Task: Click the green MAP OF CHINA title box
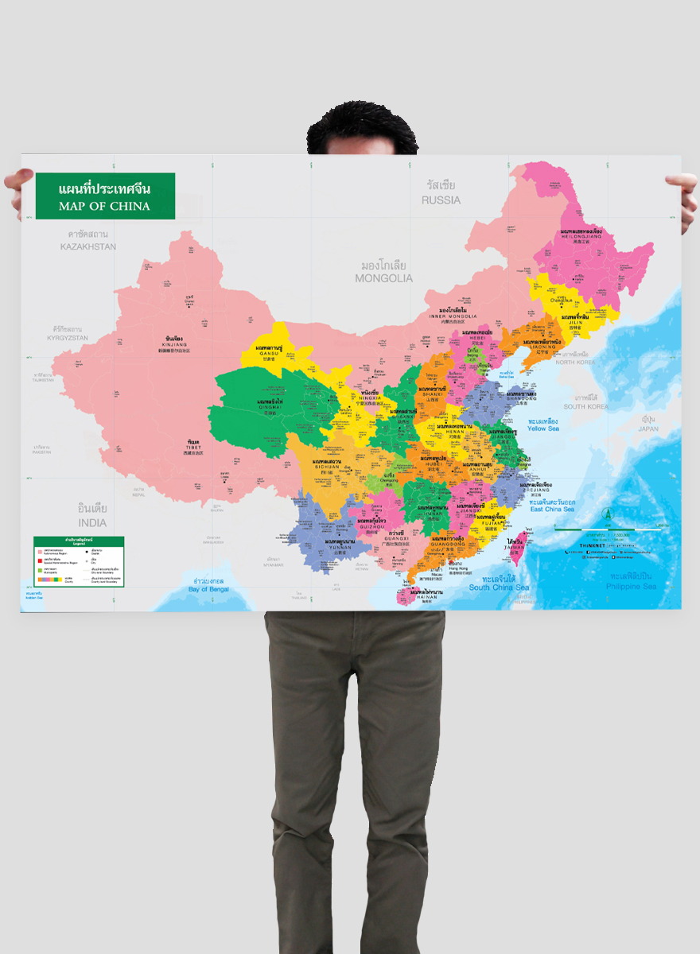104,196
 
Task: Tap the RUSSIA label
441,200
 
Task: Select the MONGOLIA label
384,278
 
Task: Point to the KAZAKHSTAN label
88,246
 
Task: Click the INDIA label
92,523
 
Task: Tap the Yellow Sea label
542,428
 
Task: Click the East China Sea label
552,509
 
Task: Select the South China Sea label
499,588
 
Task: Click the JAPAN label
648,429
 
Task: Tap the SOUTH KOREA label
585,406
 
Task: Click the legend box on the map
79,561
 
